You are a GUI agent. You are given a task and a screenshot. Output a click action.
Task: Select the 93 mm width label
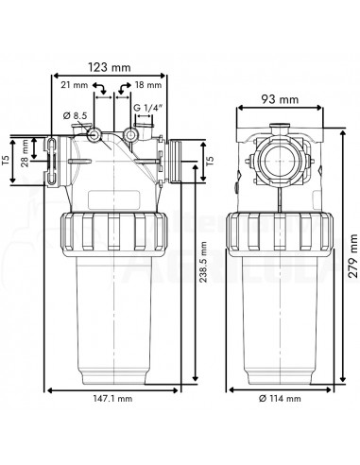pos(282,98)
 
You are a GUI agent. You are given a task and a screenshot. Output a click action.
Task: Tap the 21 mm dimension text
pos(74,85)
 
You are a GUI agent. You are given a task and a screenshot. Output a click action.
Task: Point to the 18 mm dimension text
pos(148,85)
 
